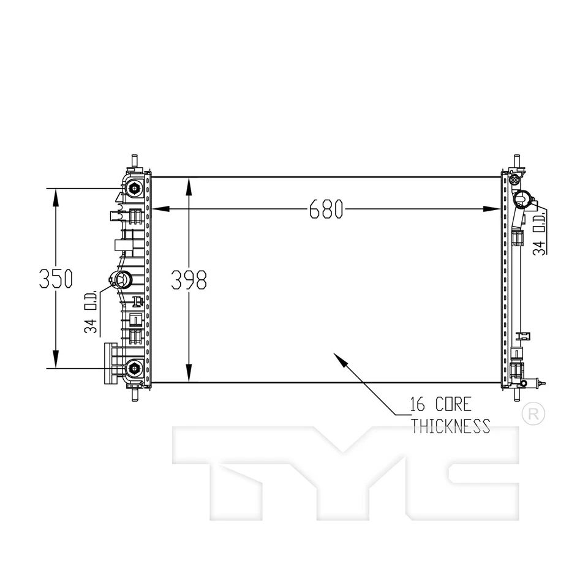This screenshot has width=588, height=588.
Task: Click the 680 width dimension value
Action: [326, 209]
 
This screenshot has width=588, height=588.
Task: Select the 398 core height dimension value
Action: [189, 280]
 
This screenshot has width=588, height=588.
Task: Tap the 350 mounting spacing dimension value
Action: [56, 278]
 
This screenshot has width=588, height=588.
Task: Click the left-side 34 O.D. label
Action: [91, 311]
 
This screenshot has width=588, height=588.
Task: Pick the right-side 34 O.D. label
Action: [539, 235]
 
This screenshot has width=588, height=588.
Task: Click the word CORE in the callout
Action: [453, 404]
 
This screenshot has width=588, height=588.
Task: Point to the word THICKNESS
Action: [451, 426]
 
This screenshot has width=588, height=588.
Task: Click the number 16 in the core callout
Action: [418, 404]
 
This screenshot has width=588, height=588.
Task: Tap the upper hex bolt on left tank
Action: [134, 188]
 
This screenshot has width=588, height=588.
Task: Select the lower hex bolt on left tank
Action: [134, 369]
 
